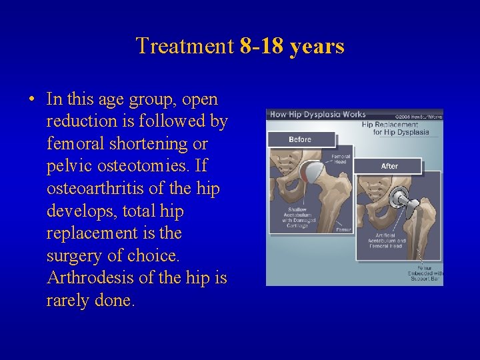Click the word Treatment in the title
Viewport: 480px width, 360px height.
click(x=185, y=47)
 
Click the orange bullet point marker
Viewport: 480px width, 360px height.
click(x=31, y=101)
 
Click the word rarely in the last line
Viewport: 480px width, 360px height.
click(x=69, y=301)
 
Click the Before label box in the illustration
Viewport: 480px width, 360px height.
click(x=300, y=140)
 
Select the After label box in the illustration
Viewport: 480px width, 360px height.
click(x=389, y=166)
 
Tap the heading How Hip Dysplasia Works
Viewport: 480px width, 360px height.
click(x=317, y=115)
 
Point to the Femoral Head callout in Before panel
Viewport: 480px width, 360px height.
click(x=340, y=159)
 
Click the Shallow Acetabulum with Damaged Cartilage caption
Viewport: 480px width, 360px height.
click(x=289, y=217)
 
